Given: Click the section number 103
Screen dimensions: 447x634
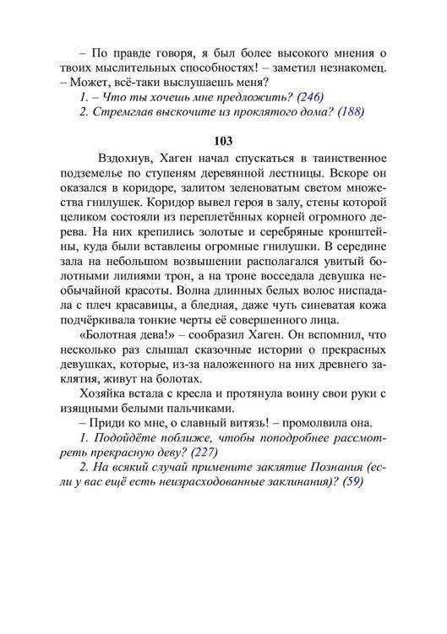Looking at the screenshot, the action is click(x=223, y=140).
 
